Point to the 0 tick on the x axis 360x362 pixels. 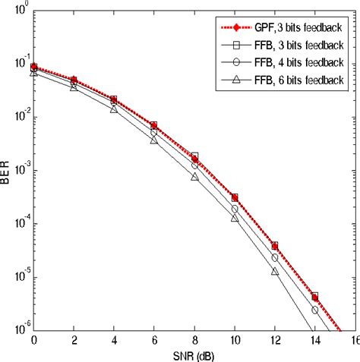point(34,341)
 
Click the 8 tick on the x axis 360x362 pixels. point(194,341)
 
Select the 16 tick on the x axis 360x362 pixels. point(353,341)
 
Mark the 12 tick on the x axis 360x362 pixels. point(274,341)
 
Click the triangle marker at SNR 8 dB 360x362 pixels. point(194,177)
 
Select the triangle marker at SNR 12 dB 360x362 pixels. point(274,271)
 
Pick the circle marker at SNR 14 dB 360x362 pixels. point(314,310)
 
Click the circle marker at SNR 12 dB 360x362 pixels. point(274,258)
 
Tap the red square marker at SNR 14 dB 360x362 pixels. point(314,297)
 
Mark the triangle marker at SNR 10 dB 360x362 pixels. point(235,219)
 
